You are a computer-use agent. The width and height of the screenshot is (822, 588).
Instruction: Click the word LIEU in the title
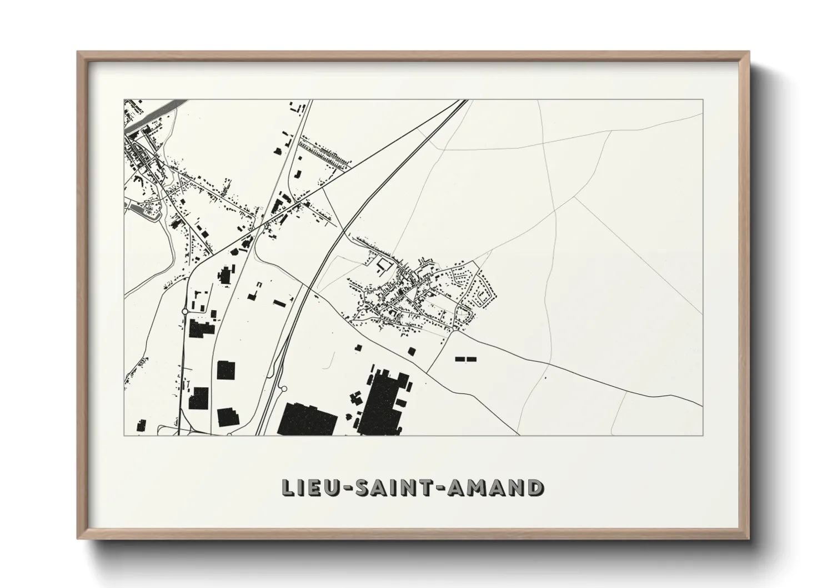point(306,487)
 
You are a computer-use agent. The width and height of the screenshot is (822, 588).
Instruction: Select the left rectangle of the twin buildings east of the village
point(460,359)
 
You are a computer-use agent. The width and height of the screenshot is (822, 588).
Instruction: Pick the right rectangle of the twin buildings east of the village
point(472,359)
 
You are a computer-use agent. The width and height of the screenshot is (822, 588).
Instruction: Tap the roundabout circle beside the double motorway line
point(283,390)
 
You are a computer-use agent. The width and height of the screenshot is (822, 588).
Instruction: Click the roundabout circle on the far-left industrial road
point(184,311)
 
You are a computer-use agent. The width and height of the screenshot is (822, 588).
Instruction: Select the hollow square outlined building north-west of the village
point(384,264)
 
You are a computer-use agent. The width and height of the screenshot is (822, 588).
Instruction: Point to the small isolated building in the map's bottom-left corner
point(141,426)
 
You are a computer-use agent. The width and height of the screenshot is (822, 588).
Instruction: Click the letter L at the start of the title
point(287,487)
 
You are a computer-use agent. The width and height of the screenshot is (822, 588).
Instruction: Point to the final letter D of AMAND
point(535,487)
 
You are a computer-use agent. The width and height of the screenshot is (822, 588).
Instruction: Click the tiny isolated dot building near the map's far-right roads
point(545,378)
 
